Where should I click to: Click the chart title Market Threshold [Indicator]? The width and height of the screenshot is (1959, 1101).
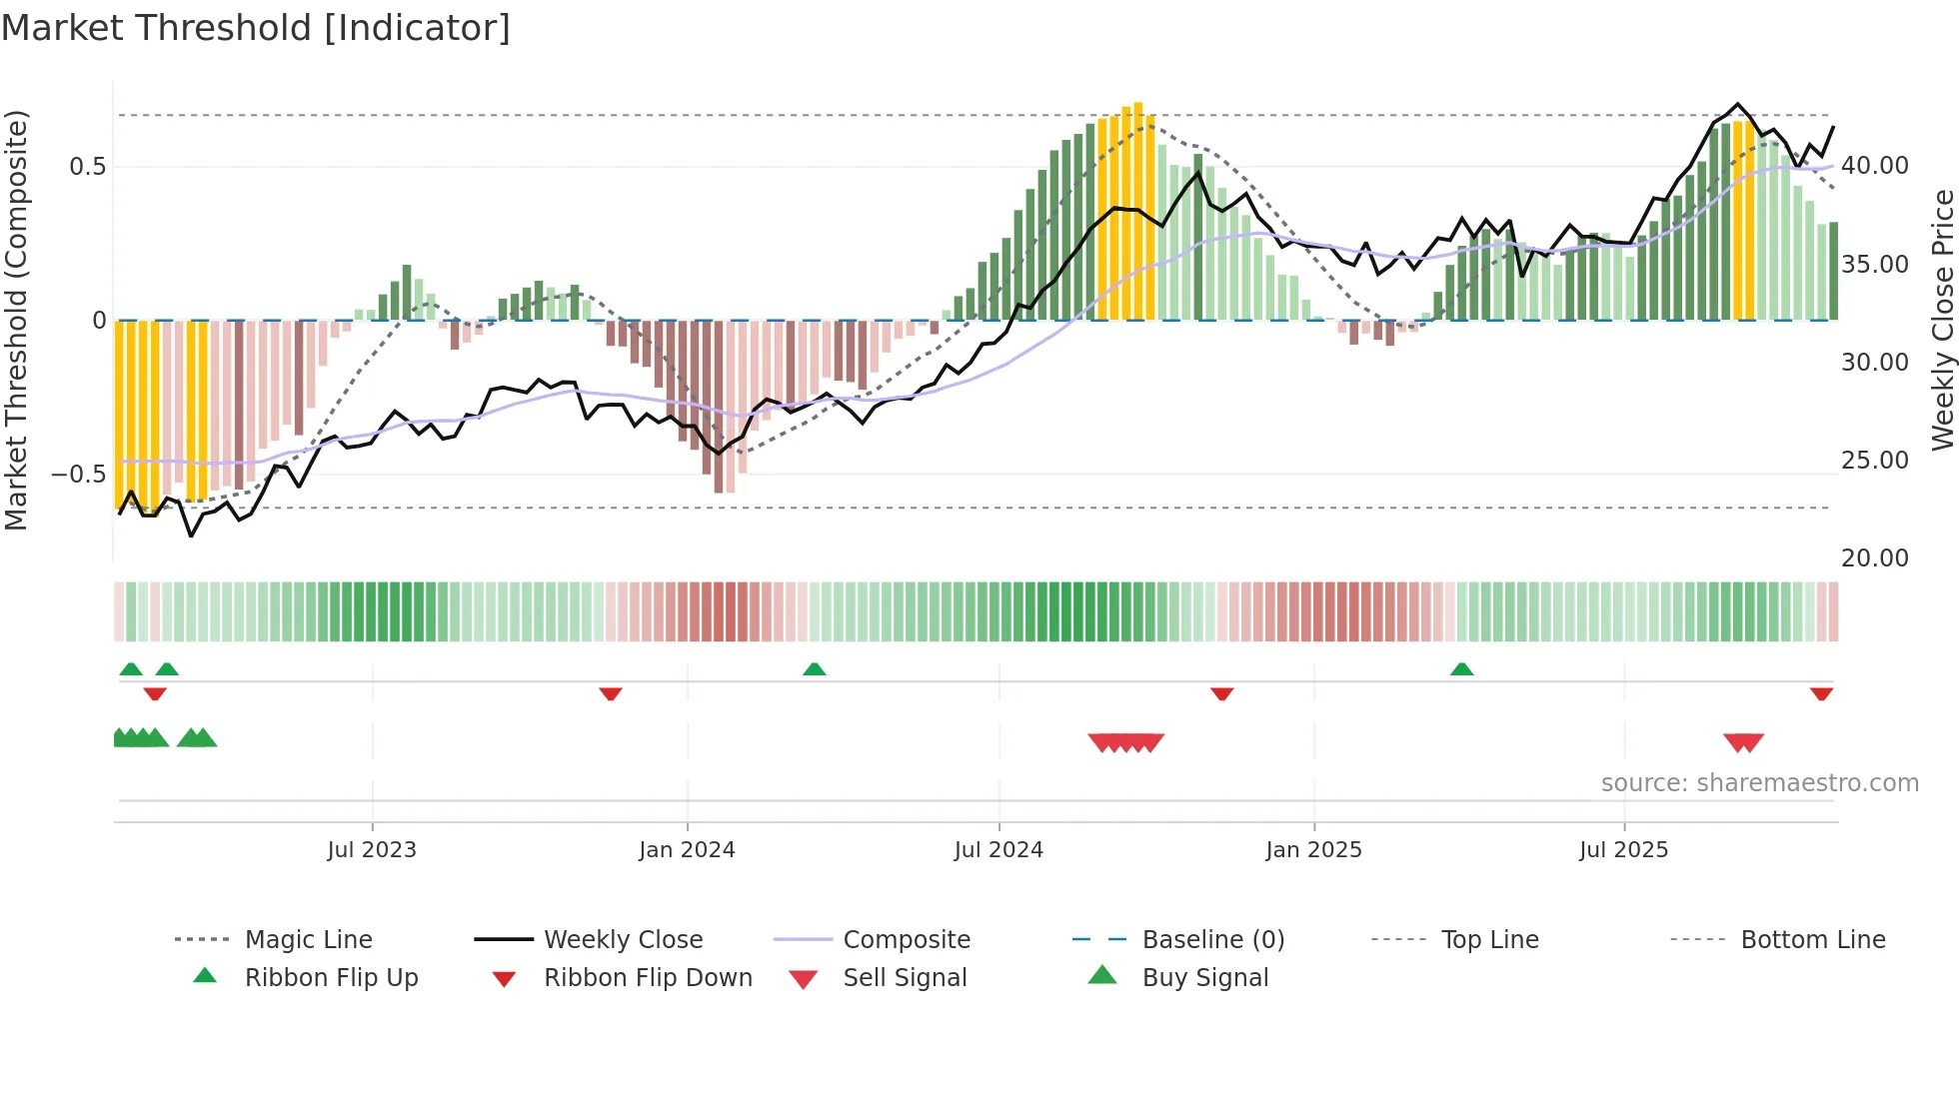tap(256, 28)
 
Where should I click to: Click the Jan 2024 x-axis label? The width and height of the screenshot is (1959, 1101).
tap(687, 850)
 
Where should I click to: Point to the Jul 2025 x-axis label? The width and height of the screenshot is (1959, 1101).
tap(1623, 850)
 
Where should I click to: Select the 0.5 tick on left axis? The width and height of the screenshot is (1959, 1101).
tap(88, 167)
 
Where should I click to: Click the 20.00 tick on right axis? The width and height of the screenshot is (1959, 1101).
tap(1874, 558)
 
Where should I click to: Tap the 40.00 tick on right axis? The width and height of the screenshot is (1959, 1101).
tap(1874, 166)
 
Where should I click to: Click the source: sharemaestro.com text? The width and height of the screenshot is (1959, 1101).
tap(1759, 783)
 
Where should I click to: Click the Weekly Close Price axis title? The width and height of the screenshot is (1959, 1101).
tap(1942, 320)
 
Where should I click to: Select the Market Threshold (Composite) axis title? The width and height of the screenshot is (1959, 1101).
tap(16, 320)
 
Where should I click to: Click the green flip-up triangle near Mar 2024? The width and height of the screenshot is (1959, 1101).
tap(815, 669)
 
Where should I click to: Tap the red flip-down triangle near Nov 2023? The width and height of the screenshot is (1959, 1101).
tap(611, 693)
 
